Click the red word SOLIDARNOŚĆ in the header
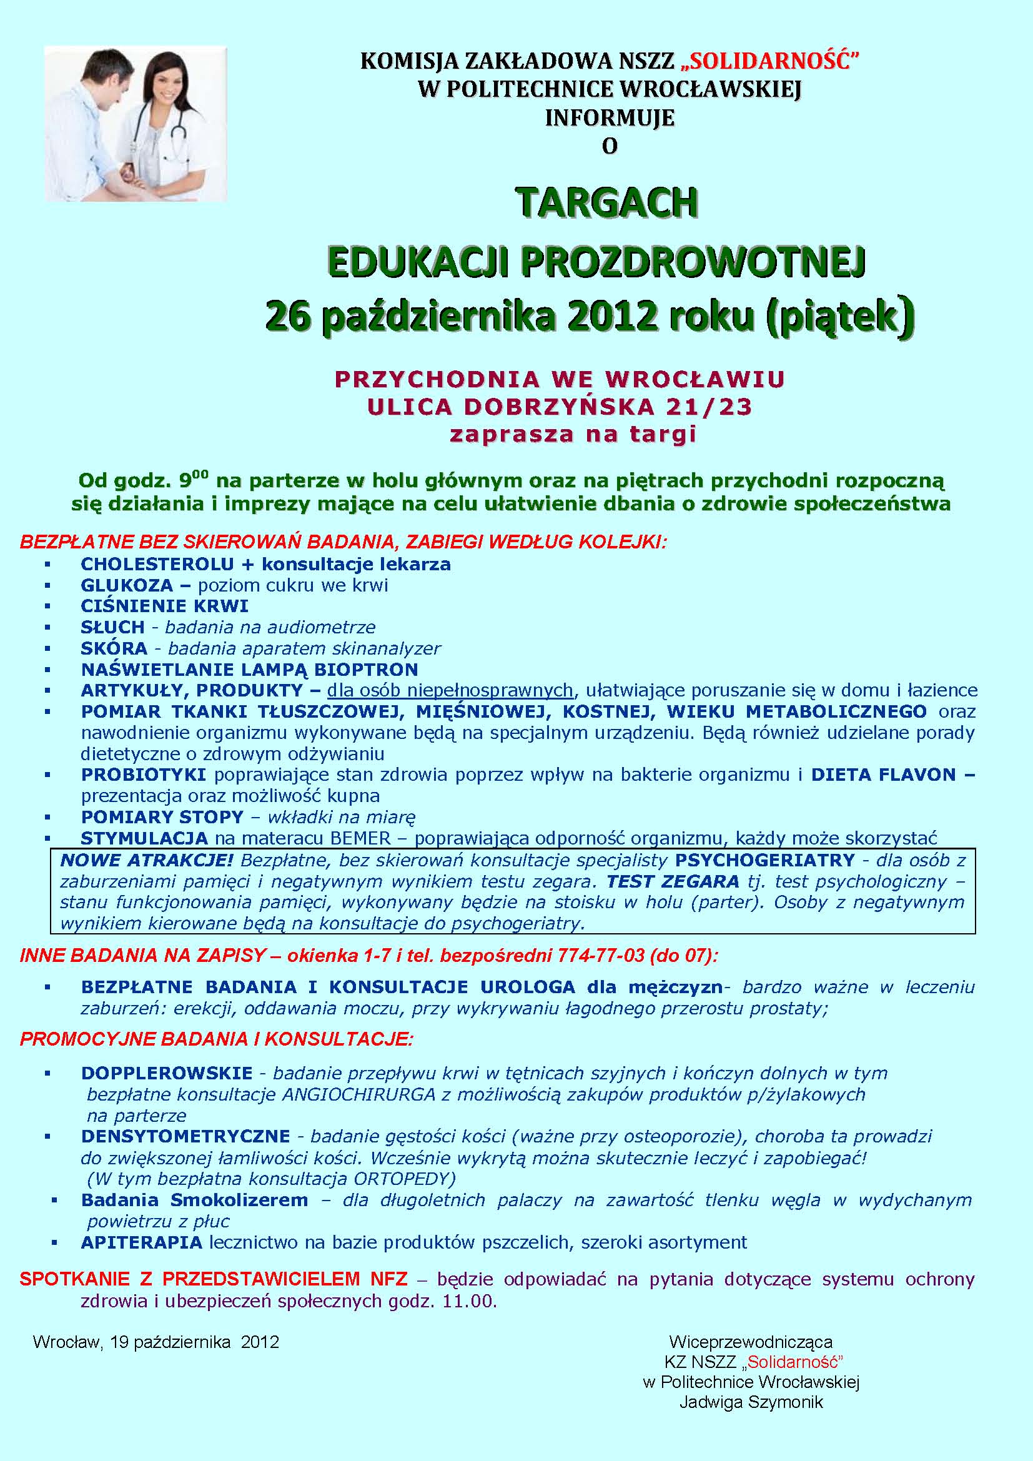[x=774, y=61]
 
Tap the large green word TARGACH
[x=607, y=202]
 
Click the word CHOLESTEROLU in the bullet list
[x=157, y=565]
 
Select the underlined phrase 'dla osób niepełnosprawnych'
[x=450, y=690]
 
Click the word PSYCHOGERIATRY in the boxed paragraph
[x=764, y=860]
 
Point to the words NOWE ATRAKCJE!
[x=147, y=860]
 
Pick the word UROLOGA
[x=527, y=987]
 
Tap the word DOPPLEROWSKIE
[x=167, y=1073]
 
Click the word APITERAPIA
[x=141, y=1242]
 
